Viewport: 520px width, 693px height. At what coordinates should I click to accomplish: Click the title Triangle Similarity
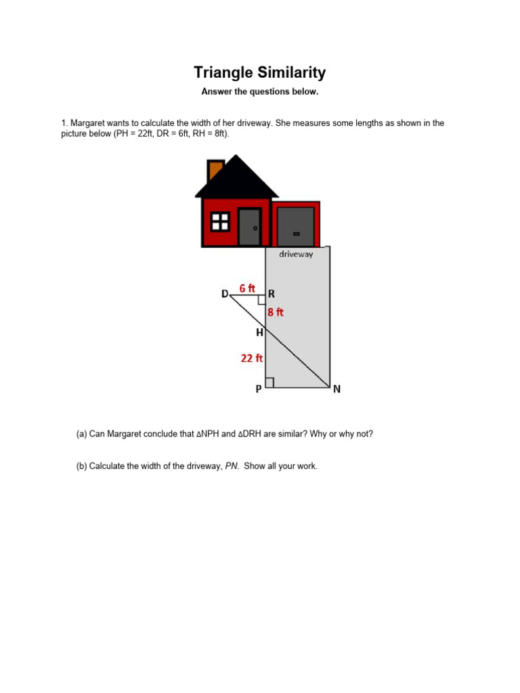tap(260, 72)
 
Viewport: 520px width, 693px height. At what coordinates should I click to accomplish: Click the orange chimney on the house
tap(216, 170)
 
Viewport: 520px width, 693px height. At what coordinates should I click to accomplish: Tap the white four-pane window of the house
tap(220, 221)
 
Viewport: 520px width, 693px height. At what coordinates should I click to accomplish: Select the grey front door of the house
tap(249, 227)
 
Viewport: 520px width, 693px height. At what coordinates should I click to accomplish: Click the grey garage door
tap(296, 227)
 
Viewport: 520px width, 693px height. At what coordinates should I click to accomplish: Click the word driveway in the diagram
tap(296, 255)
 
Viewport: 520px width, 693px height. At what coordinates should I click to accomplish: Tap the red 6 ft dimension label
tap(247, 288)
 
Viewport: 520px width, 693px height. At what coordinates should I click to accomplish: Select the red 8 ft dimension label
tap(276, 312)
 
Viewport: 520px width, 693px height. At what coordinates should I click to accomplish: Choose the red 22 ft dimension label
tap(252, 359)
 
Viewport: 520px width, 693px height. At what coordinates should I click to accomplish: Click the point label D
tap(225, 294)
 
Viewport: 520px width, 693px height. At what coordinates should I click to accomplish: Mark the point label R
tap(272, 294)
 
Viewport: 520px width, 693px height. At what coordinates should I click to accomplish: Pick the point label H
tap(259, 333)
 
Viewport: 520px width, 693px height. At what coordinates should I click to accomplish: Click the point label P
tap(258, 389)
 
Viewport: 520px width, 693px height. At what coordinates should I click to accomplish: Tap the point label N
tap(337, 389)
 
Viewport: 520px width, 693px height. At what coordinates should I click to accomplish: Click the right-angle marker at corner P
tap(269, 383)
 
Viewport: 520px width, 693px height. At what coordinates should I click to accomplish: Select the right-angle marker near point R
tap(261, 300)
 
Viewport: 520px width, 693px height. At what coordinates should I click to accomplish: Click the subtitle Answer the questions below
tap(260, 91)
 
